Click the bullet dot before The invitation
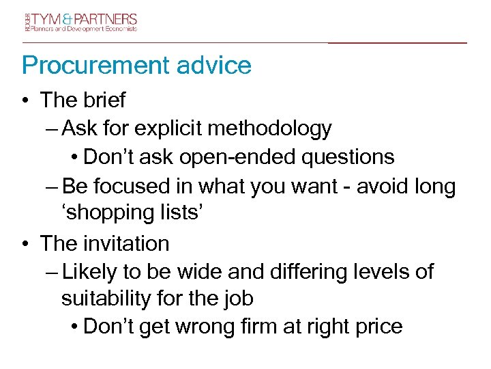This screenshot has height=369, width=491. click(25, 243)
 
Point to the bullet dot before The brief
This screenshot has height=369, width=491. click(25, 100)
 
